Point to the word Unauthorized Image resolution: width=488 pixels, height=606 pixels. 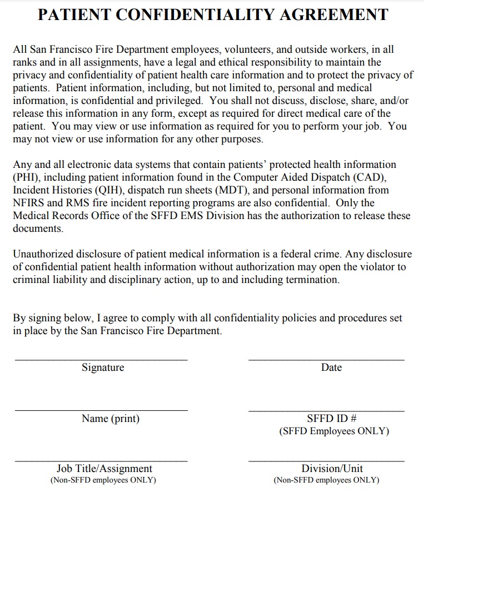point(44,254)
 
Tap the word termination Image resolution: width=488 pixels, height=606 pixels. point(312,280)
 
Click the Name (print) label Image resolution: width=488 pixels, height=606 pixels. point(111,419)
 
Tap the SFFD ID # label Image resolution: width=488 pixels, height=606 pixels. point(331,419)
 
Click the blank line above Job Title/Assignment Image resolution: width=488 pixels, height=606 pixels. point(101,461)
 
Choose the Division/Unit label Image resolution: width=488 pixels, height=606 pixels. point(332,469)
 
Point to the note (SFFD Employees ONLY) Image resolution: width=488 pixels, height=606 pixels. point(334,431)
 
